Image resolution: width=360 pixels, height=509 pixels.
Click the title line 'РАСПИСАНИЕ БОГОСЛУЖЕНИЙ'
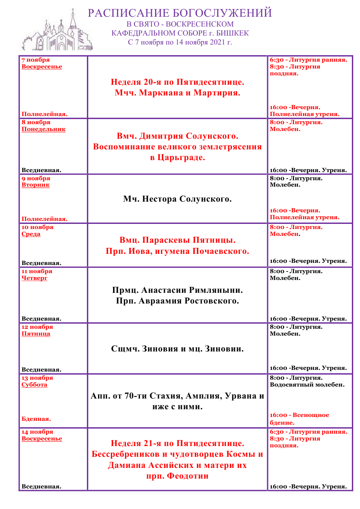180,13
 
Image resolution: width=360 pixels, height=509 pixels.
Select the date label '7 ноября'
36,60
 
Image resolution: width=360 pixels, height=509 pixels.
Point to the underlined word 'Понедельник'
43,129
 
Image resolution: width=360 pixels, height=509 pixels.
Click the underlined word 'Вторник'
36,185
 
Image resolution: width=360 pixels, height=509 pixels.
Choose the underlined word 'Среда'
31,234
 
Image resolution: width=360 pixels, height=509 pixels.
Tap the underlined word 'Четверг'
34,278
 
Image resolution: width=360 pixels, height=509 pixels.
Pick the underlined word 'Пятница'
36,334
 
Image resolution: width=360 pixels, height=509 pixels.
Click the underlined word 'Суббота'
35,385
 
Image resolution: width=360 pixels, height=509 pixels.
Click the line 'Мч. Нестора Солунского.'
177,199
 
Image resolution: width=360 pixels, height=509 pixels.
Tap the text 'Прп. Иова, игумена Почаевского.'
177,251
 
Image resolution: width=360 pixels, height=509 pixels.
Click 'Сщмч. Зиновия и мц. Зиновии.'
177,349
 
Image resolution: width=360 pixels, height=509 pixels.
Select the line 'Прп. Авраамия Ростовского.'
177,301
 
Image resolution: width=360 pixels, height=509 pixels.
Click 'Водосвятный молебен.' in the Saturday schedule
307,385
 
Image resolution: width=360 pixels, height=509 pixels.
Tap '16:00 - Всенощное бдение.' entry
300,419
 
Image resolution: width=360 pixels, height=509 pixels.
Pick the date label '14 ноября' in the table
37,432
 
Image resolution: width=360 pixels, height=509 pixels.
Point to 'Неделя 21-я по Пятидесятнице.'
177,443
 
